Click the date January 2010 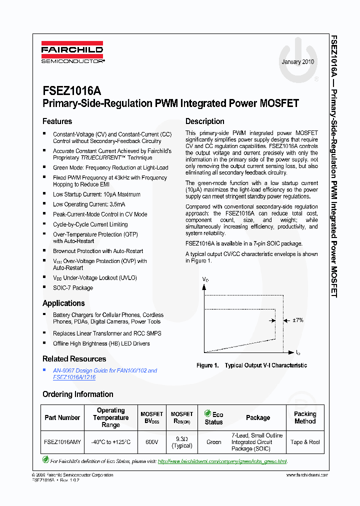pos(298,62)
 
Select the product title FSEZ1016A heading pos(71,91)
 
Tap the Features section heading pos(57,121)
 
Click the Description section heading pos(205,121)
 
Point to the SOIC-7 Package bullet pos(73,288)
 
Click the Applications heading pos(63,303)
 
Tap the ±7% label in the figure pos(297,320)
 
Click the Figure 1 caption pos(251,365)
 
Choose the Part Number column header pos(62,418)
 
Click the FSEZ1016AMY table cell pos(62,442)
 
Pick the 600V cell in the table pos(151,442)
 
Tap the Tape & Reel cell pos(305,442)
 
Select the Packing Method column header pos(305,418)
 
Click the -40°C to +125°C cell pos(110,442)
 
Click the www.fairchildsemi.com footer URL pos(307,475)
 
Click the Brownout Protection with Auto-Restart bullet pos(98,251)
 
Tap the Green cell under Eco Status pos(213,442)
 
